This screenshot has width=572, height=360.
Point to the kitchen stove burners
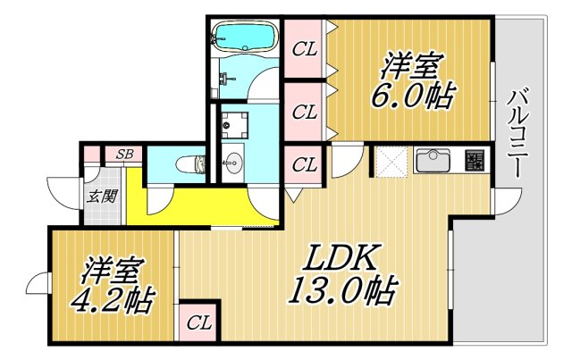point(475,162)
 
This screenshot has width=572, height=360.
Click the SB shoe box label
point(124,155)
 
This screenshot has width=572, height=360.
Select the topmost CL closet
point(306,49)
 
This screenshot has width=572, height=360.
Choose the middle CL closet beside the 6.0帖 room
point(306,113)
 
